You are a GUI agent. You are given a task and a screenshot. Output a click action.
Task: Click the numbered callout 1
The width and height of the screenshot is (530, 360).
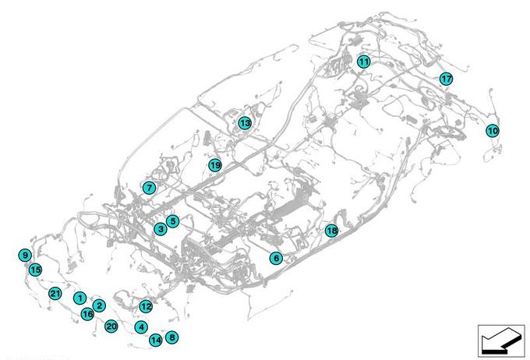(x=79, y=298)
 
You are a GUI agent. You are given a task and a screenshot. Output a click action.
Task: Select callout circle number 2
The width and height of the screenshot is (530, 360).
(x=99, y=305)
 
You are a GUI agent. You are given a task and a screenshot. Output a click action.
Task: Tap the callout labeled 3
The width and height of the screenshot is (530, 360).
(x=160, y=229)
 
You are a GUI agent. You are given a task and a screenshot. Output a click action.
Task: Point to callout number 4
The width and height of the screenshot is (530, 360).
(x=141, y=327)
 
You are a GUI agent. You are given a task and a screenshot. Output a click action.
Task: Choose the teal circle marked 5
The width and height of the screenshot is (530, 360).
(x=173, y=221)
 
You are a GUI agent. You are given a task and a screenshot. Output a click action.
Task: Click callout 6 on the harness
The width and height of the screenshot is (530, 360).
(x=276, y=258)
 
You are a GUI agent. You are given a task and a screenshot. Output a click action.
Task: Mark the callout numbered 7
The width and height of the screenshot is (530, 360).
(x=149, y=188)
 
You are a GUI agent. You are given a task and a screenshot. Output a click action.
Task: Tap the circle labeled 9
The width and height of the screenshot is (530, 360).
(x=26, y=255)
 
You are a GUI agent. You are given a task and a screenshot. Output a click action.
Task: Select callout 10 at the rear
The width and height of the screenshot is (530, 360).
(x=492, y=131)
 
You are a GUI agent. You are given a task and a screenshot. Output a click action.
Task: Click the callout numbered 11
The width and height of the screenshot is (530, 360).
(x=364, y=62)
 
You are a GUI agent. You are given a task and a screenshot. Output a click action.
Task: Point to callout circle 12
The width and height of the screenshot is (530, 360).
(x=146, y=306)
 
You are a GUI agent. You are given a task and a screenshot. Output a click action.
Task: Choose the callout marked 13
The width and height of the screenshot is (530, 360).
(x=245, y=123)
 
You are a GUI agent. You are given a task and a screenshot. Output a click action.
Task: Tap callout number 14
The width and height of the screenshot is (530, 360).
(x=156, y=340)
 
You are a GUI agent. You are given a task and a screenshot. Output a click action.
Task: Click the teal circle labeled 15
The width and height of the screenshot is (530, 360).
(x=35, y=270)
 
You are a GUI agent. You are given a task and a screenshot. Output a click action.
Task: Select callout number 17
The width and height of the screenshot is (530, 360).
(x=446, y=79)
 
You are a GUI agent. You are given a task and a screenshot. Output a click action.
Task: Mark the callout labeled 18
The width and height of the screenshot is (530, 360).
(x=331, y=231)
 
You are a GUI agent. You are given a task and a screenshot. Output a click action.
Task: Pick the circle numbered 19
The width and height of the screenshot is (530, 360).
(x=215, y=165)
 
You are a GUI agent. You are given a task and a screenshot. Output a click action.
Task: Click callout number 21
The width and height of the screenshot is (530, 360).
(x=55, y=294)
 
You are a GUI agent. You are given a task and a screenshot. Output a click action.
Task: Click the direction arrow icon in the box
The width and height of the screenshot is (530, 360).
(x=500, y=339)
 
